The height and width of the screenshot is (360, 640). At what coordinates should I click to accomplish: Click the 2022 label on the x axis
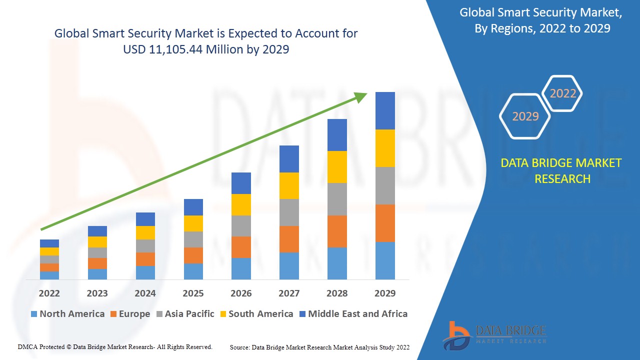(x=49, y=293)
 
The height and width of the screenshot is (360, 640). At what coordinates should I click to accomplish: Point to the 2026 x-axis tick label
(x=241, y=293)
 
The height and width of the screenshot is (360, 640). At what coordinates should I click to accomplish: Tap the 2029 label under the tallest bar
(x=385, y=293)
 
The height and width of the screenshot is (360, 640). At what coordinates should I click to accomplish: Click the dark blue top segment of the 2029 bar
(x=385, y=110)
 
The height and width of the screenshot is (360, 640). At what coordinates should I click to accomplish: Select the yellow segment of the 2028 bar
(x=337, y=166)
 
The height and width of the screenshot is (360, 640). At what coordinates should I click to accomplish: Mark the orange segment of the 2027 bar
(x=289, y=239)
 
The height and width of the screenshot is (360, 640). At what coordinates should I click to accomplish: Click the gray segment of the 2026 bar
(x=241, y=225)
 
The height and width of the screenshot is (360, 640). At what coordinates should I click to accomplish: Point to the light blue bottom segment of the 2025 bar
(x=193, y=271)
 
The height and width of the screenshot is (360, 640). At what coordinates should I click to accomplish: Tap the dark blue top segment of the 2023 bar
(x=97, y=231)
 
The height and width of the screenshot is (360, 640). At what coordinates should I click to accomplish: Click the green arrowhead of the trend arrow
(x=361, y=96)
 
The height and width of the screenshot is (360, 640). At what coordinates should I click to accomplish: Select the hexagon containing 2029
(x=525, y=116)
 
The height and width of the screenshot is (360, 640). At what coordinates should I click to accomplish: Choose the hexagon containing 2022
(x=562, y=93)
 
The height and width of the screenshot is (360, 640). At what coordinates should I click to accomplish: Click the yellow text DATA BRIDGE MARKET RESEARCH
(x=561, y=171)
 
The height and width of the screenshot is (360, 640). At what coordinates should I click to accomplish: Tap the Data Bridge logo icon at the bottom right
(x=456, y=335)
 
